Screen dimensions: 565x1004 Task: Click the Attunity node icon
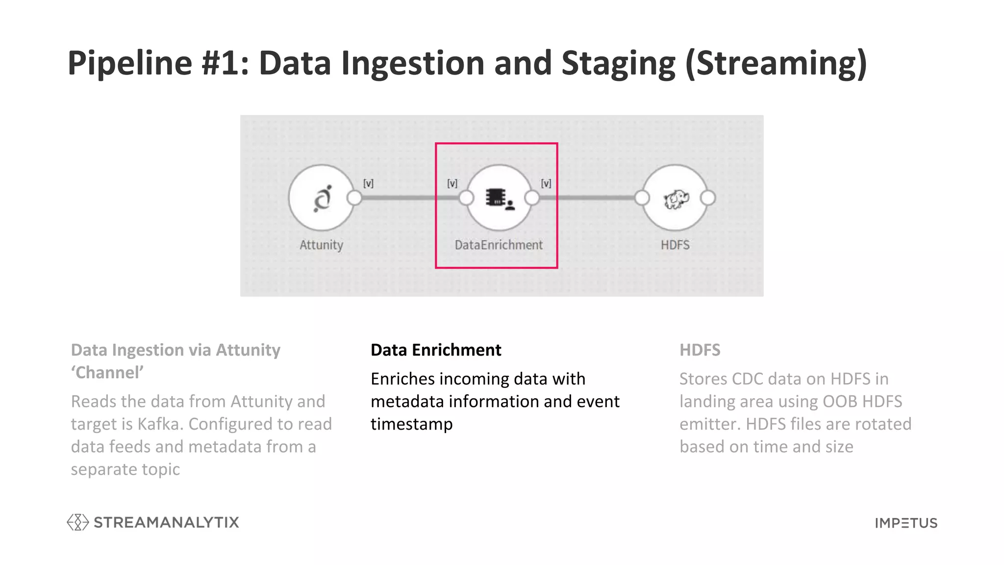coord(322,198)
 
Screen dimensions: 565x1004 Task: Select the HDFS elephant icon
coord(676,199)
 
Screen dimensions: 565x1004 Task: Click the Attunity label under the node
coord(321,245)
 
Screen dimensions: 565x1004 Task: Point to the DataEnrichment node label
coord(499,245)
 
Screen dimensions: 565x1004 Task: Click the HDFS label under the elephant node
coord(675,245)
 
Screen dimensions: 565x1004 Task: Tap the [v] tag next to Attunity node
coord(368,183)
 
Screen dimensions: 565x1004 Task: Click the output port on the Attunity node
coord(354,198)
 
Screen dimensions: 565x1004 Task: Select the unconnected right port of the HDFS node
coord(707,198)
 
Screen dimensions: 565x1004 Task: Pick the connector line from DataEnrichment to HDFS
coord(586,198)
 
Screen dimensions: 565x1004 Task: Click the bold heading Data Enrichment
coord(436,350)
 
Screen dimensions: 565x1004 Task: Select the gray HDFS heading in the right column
coord(700,350)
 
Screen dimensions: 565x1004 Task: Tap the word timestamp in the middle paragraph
coord(411,424)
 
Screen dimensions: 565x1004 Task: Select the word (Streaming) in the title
coord(776,63)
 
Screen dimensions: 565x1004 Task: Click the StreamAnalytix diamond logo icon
coord(77,522)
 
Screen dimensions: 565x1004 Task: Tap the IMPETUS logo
coord(906,523)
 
